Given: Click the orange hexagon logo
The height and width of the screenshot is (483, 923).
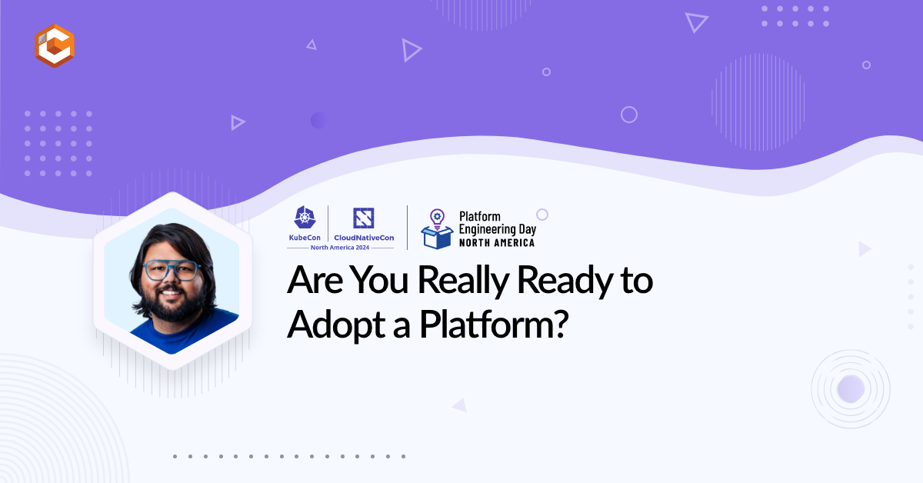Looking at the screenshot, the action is (55, 45).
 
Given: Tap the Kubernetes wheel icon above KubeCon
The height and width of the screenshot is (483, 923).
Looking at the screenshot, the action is (305, 217).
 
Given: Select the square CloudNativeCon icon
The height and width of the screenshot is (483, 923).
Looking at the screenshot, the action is (363, 218).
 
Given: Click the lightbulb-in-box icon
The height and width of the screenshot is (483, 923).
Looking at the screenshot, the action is (437, 228).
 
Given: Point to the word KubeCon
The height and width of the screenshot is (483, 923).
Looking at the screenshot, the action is (305, 238).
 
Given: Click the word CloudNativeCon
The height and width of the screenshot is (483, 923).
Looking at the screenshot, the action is (364, 238).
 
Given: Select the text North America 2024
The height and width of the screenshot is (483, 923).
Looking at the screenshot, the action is (340, 248).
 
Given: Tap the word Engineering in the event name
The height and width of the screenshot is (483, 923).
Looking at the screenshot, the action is (488, 229).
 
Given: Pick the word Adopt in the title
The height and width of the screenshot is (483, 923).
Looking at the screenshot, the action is (336, 325).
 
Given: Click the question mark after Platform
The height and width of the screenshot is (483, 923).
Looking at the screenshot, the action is (561, 324).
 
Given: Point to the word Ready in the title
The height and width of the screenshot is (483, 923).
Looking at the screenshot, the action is (565, 281).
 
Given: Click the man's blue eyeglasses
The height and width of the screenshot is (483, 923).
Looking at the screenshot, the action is (172, 271).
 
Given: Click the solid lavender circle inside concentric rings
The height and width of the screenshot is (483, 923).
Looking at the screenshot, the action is (851, 389).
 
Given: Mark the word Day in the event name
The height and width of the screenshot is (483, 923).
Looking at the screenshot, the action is (528, 229).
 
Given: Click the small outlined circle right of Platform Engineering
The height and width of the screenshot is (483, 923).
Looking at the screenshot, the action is (542, 215).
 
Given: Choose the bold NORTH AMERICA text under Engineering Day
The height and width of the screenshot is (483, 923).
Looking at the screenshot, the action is (497, 243).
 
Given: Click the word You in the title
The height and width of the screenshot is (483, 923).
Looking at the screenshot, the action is (379, 281).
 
